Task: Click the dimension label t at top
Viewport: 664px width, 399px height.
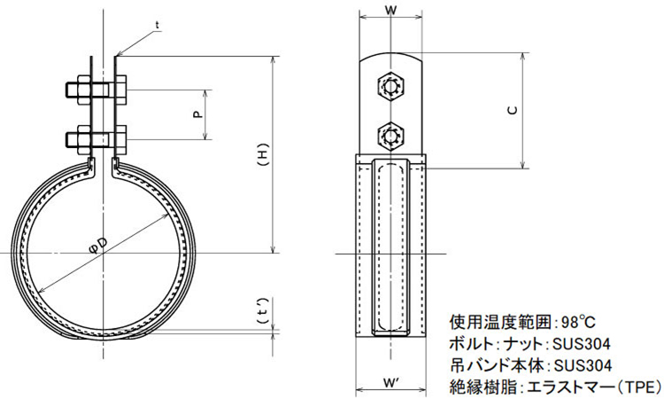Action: pos(157,24)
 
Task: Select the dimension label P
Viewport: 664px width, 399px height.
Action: pos(197,113)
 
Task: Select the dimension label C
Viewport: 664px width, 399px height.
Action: pos(513,110)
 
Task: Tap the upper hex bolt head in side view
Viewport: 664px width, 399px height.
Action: pos(390,86)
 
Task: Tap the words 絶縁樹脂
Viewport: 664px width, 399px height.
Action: pos(482,387)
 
